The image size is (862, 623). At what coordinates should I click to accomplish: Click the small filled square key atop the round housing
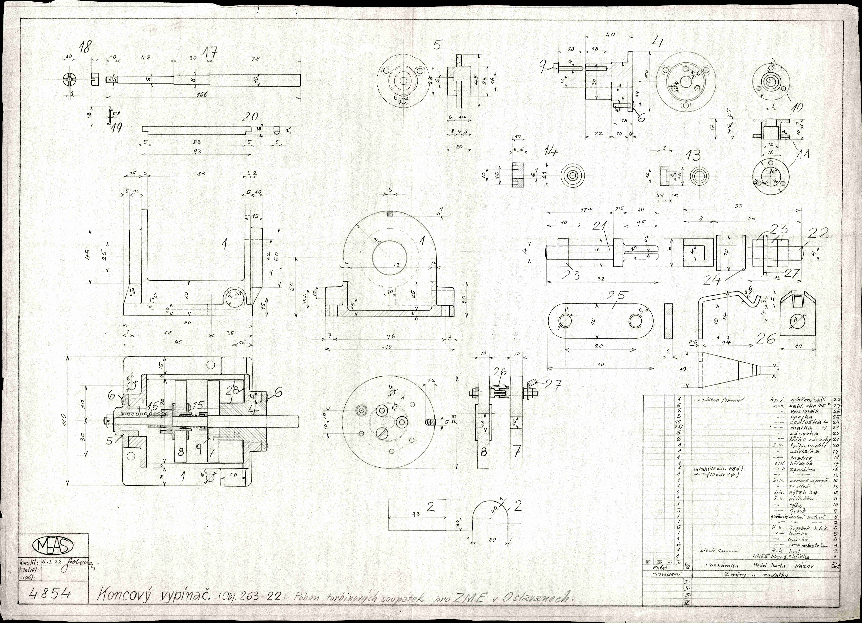(390, 214)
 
